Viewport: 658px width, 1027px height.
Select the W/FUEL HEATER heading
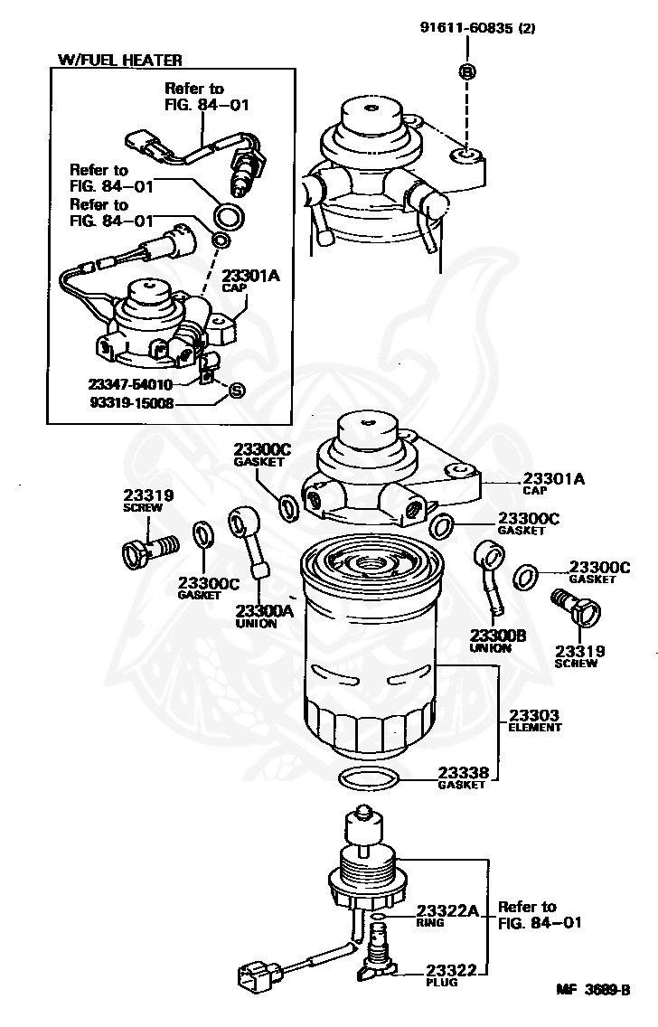(119, 60)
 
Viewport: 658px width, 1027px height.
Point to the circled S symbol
(236, 390)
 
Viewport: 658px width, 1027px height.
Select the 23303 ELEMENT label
(534, 720)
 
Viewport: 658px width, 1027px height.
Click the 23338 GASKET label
(463, 777)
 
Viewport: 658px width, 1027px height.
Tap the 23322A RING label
(446, 916)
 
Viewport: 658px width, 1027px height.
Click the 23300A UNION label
(264, 616)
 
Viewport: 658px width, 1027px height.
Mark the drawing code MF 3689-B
(592, 990)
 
